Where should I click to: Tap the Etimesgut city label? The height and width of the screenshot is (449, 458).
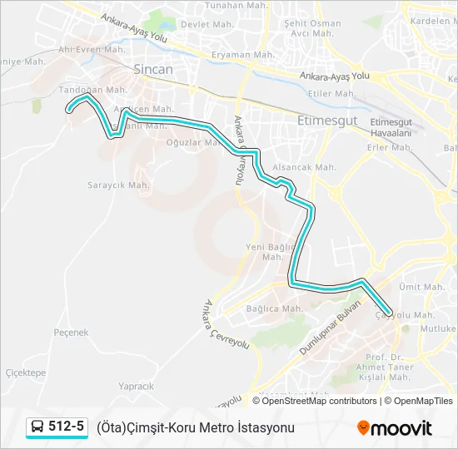click(x=327, y=120)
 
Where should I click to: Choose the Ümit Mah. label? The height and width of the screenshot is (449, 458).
click(x=419, y=286)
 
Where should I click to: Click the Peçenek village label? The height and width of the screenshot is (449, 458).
click(x=71, y=333)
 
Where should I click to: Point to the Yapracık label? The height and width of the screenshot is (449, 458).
click(x=136, y=386)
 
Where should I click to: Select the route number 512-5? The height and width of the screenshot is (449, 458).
click(x=67, y=427)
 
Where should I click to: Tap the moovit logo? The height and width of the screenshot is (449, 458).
click(x=395, y=428)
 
